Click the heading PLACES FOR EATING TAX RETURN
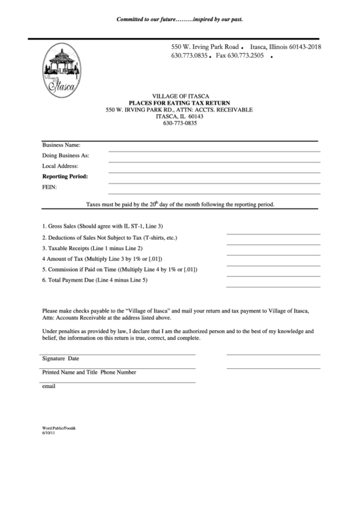tap(180, 103)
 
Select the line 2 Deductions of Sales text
tap(109, 238)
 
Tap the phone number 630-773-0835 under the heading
tap(180, 123)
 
